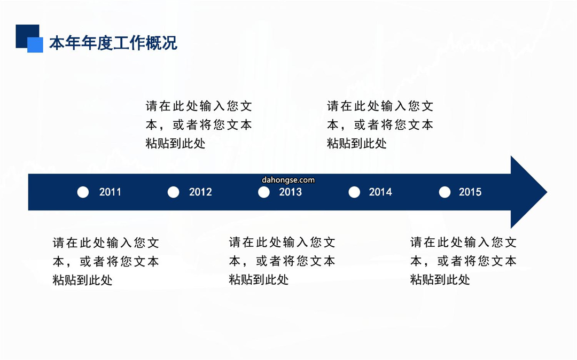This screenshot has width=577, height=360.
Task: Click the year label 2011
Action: pos(110,192)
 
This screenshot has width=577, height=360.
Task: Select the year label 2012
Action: pos(200,192)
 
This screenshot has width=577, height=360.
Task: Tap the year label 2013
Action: pos(290,192)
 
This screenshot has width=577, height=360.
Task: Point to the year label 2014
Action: pos(380,192)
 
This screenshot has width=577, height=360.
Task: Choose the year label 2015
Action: pos(470,192)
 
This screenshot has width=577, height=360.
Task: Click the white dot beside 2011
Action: pos(83,192)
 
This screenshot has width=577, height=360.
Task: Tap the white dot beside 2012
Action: pos(173,192)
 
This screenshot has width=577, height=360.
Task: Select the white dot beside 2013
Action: pos(264,192)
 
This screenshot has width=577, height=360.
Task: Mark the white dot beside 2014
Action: pos(354,192)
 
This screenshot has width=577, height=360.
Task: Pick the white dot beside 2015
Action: pos(445,192)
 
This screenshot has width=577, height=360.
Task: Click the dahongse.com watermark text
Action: pos(288,180)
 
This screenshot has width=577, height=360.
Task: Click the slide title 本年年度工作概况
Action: pos(113,43)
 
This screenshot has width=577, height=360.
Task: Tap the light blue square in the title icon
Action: pos(35,45)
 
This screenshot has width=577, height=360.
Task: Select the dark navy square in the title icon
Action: pos(27,36)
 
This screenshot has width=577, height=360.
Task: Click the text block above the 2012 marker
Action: pos(199,124)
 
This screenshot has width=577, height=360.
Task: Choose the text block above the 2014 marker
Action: pos(380,124)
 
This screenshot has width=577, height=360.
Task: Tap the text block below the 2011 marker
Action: pos(106,261)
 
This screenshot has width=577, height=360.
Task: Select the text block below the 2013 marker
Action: pos(282,261)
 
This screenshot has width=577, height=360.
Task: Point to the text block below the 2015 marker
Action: pos(463,261)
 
